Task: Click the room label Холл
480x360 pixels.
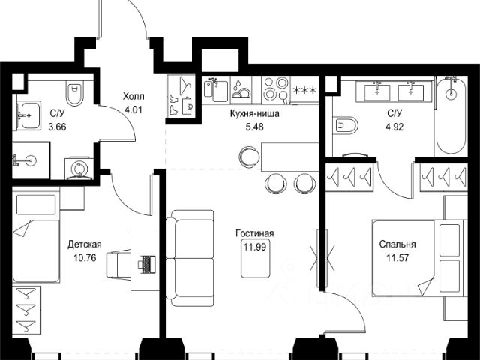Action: click(133, 97)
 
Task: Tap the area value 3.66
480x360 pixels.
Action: click(57, 127)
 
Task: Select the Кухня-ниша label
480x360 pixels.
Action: click(255, 114)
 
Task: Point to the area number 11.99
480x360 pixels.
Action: click(255, 247)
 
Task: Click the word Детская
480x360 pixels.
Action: click(85, 245)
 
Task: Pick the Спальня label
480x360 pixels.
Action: click(397, 244)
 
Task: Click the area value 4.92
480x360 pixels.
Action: click(395, 127)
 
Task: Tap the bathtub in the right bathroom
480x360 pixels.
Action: click(451, 115)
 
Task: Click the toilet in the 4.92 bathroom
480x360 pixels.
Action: click(346, 125)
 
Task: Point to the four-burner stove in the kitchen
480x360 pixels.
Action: click(275, 88)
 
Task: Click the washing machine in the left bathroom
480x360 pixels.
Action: click(79, 168)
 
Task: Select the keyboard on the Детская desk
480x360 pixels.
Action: click(147, 264)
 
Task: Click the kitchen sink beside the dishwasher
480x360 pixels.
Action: click(216, 88)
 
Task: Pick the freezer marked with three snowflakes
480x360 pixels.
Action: click(304, 90)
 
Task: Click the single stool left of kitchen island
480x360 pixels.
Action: click(250, 157)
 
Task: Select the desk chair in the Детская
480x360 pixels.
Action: click(118, 264)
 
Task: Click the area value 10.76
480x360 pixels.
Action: click(85, 258)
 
